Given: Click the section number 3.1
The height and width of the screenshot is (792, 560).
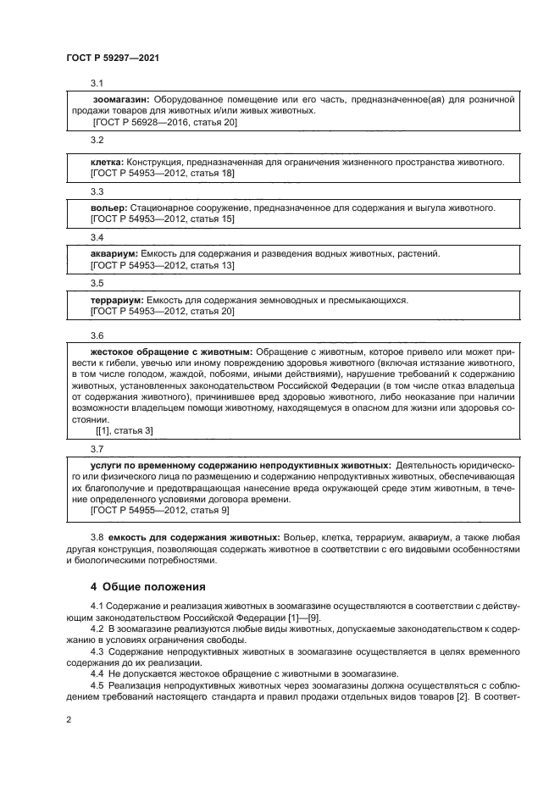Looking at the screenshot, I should (97, 83).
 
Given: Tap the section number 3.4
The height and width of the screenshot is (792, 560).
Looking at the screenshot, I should (97, 237).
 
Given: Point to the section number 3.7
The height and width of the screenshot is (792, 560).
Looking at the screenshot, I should (97, 448).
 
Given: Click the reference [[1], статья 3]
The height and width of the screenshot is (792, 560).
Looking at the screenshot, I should (125, 430).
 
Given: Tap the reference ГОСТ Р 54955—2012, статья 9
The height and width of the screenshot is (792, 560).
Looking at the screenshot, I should (158, 511).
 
